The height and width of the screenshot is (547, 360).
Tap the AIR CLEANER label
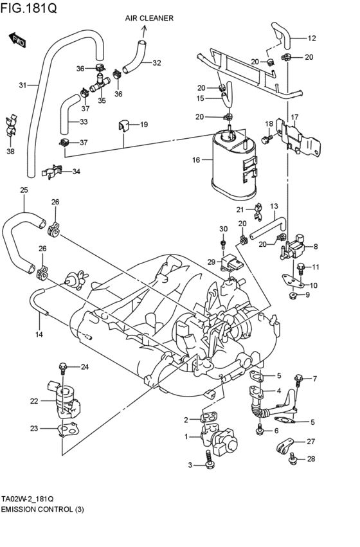pyautogui.click(x=149, y=19)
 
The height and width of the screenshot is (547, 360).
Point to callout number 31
pyautogui.click(x=23, y=85)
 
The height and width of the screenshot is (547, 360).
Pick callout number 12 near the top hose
pyautogui.click(x=311, y=39)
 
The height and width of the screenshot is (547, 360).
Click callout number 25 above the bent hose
pyautogui.click(x=24, y=190)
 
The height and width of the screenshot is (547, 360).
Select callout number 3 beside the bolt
pyautogui.click(x=190, y=465)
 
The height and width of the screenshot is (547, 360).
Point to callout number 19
pyautogui.click(x=143, y=125)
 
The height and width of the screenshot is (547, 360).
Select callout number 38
pyautogui.click(x=10, y=152)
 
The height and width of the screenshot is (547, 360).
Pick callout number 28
pyautogui.click(x=310, y=460)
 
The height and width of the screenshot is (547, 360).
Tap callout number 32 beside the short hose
pyautogui.click(x=156, y=63)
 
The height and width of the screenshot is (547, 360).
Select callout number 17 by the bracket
pyautogui.click(x=294, y=118)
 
